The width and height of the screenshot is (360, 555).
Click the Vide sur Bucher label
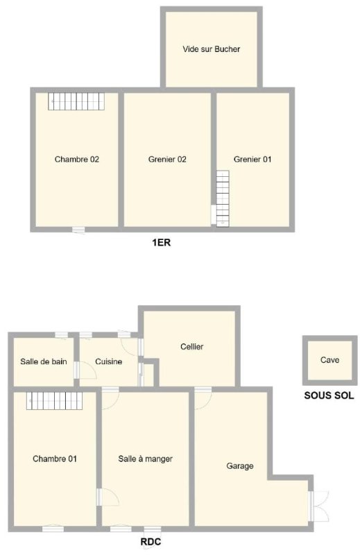click(212, 49)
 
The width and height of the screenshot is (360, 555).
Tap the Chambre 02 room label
click(77, 160)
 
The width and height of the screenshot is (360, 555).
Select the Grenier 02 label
click(167, 160)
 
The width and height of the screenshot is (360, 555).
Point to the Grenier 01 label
click(252, 160)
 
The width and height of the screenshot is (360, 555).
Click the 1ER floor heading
click(162, 242)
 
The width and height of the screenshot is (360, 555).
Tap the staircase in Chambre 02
click(76, 101)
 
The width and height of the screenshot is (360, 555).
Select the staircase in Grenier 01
click(223, 198)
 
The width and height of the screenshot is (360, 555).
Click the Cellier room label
click(192, 346)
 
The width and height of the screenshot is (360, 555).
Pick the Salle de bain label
click(44, 361)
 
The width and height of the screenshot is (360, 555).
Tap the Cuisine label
click(109, 361)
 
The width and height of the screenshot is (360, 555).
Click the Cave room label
click(330, 360)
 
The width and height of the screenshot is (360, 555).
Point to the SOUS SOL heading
click(329, 395)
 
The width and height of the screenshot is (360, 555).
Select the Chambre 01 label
click(55, 459)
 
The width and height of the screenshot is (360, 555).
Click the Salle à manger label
click(146, 459)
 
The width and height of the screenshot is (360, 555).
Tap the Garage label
click(240, 466)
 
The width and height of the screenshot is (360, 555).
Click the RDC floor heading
click(151, 542)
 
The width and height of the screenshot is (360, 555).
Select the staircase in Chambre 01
click(55, 401)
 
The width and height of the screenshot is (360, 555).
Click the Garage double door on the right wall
click(319, 506)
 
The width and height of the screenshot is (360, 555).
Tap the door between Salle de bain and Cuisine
click(85, 370)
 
